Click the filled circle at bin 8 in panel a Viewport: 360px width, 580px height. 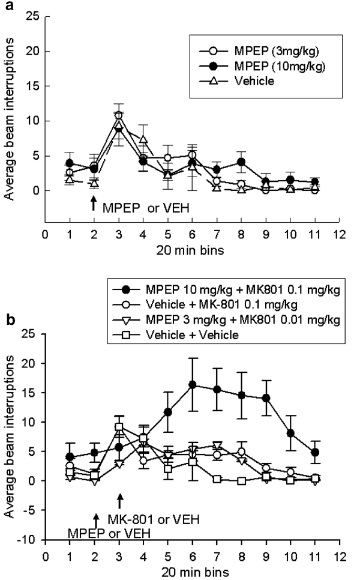click(241, 162)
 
